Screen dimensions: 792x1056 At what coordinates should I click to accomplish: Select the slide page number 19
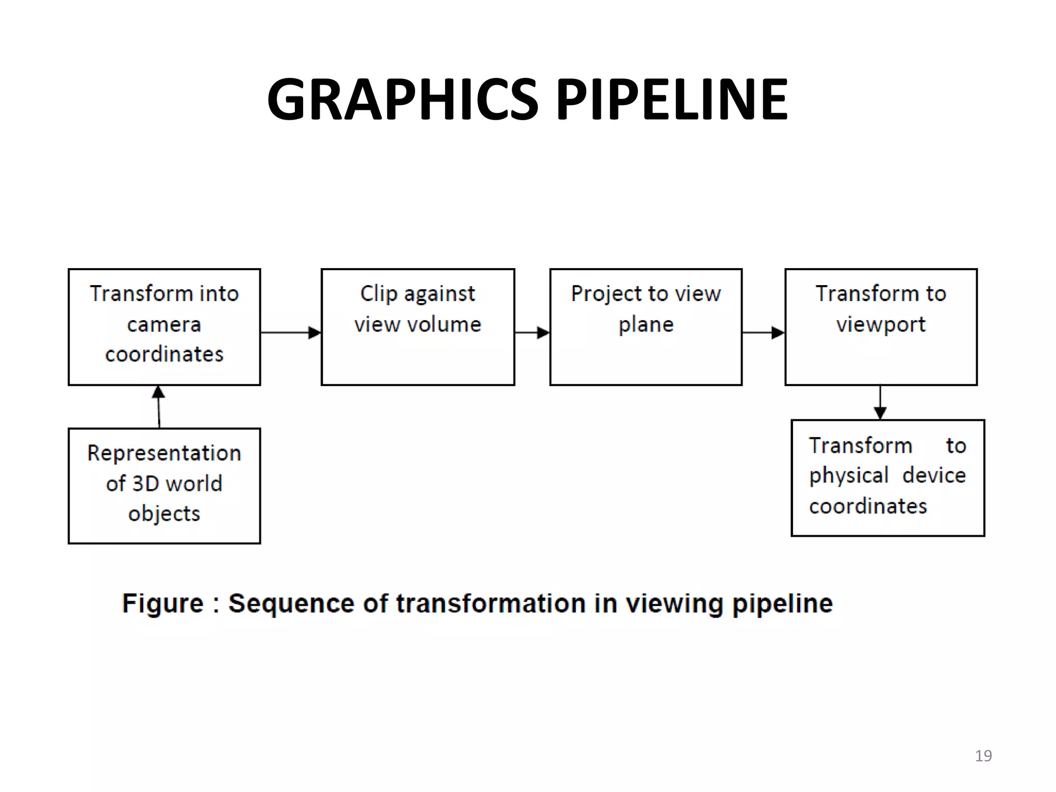click(983, 756)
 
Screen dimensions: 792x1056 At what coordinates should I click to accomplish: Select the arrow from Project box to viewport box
click(763, 333)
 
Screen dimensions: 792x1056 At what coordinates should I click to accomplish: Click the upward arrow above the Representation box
click(159, 406)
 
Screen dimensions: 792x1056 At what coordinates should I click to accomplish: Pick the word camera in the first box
click(164, 324)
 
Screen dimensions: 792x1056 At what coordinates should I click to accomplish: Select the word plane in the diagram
click(646, 324)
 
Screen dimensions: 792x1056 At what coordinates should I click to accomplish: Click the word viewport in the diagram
click(881, 324)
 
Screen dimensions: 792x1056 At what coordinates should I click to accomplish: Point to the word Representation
click(164, 453)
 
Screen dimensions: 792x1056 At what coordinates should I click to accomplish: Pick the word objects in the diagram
click(164, 514)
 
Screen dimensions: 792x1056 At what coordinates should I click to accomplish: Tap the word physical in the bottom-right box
click(849, 475)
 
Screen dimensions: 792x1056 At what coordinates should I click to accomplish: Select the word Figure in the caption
click(163, 603)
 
